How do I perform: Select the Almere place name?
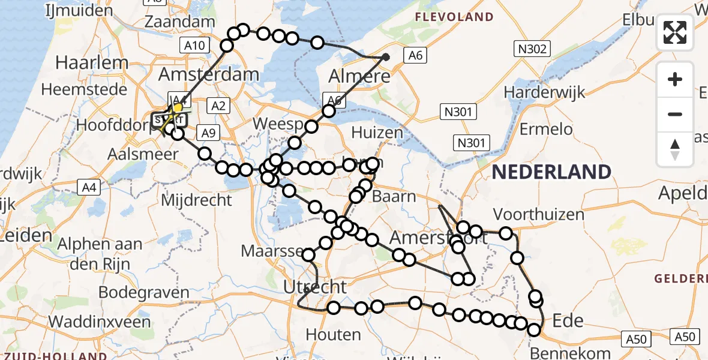359,76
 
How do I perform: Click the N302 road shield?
532,49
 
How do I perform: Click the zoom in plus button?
675,80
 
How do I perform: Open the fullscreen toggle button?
675,32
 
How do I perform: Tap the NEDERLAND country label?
551,172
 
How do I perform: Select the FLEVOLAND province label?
455,17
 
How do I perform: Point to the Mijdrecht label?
196,200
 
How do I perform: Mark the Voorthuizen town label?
538,214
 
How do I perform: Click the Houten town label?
333,334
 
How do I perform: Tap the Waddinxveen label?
100,321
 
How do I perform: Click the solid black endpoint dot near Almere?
386,58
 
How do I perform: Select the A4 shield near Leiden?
89,188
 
